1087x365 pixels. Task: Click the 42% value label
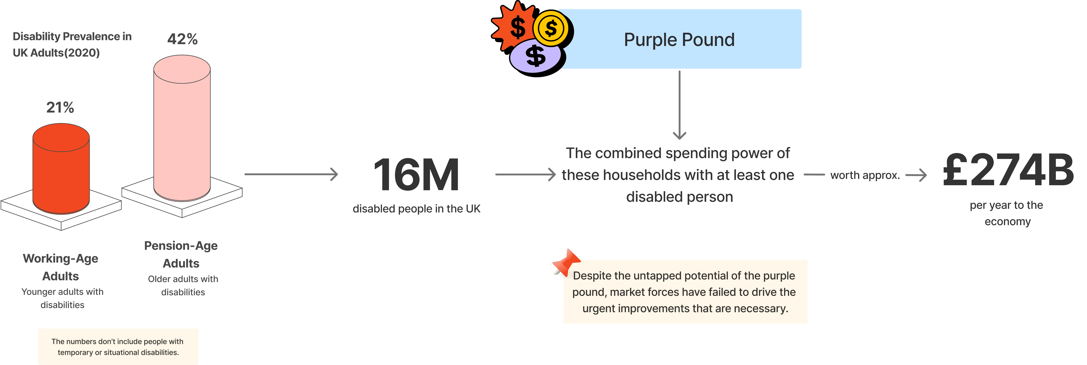[x=182, y=39]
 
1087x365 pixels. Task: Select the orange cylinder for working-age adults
[x=61, y=169]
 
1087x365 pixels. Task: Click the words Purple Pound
[x=679, y=40]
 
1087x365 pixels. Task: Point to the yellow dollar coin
[x=551, y=29]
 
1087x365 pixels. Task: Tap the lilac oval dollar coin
[x=535, y=57]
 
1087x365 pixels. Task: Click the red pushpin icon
[x=566, y=262]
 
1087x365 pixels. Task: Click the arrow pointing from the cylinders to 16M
[x=291, y=174]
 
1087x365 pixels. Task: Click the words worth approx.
[x=865, y=175]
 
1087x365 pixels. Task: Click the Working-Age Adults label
[x=61, y=267]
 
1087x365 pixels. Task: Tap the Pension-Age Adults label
[x=181, y=254]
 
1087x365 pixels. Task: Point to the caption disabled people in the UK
[x=416, y=209]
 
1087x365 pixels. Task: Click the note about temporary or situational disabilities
[x=118, y=347]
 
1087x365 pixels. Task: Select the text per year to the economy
[x=1007, y=213]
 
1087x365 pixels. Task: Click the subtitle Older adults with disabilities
[x=183, y=286]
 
